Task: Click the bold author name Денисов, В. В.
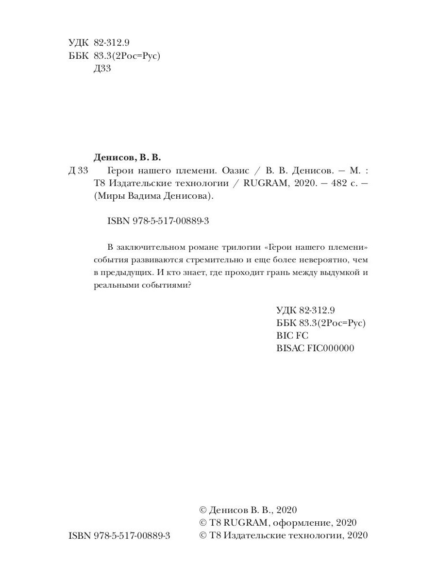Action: tap(126, 157)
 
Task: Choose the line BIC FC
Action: tap(292, 335)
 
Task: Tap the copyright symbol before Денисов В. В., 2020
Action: tap(203, 510)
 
